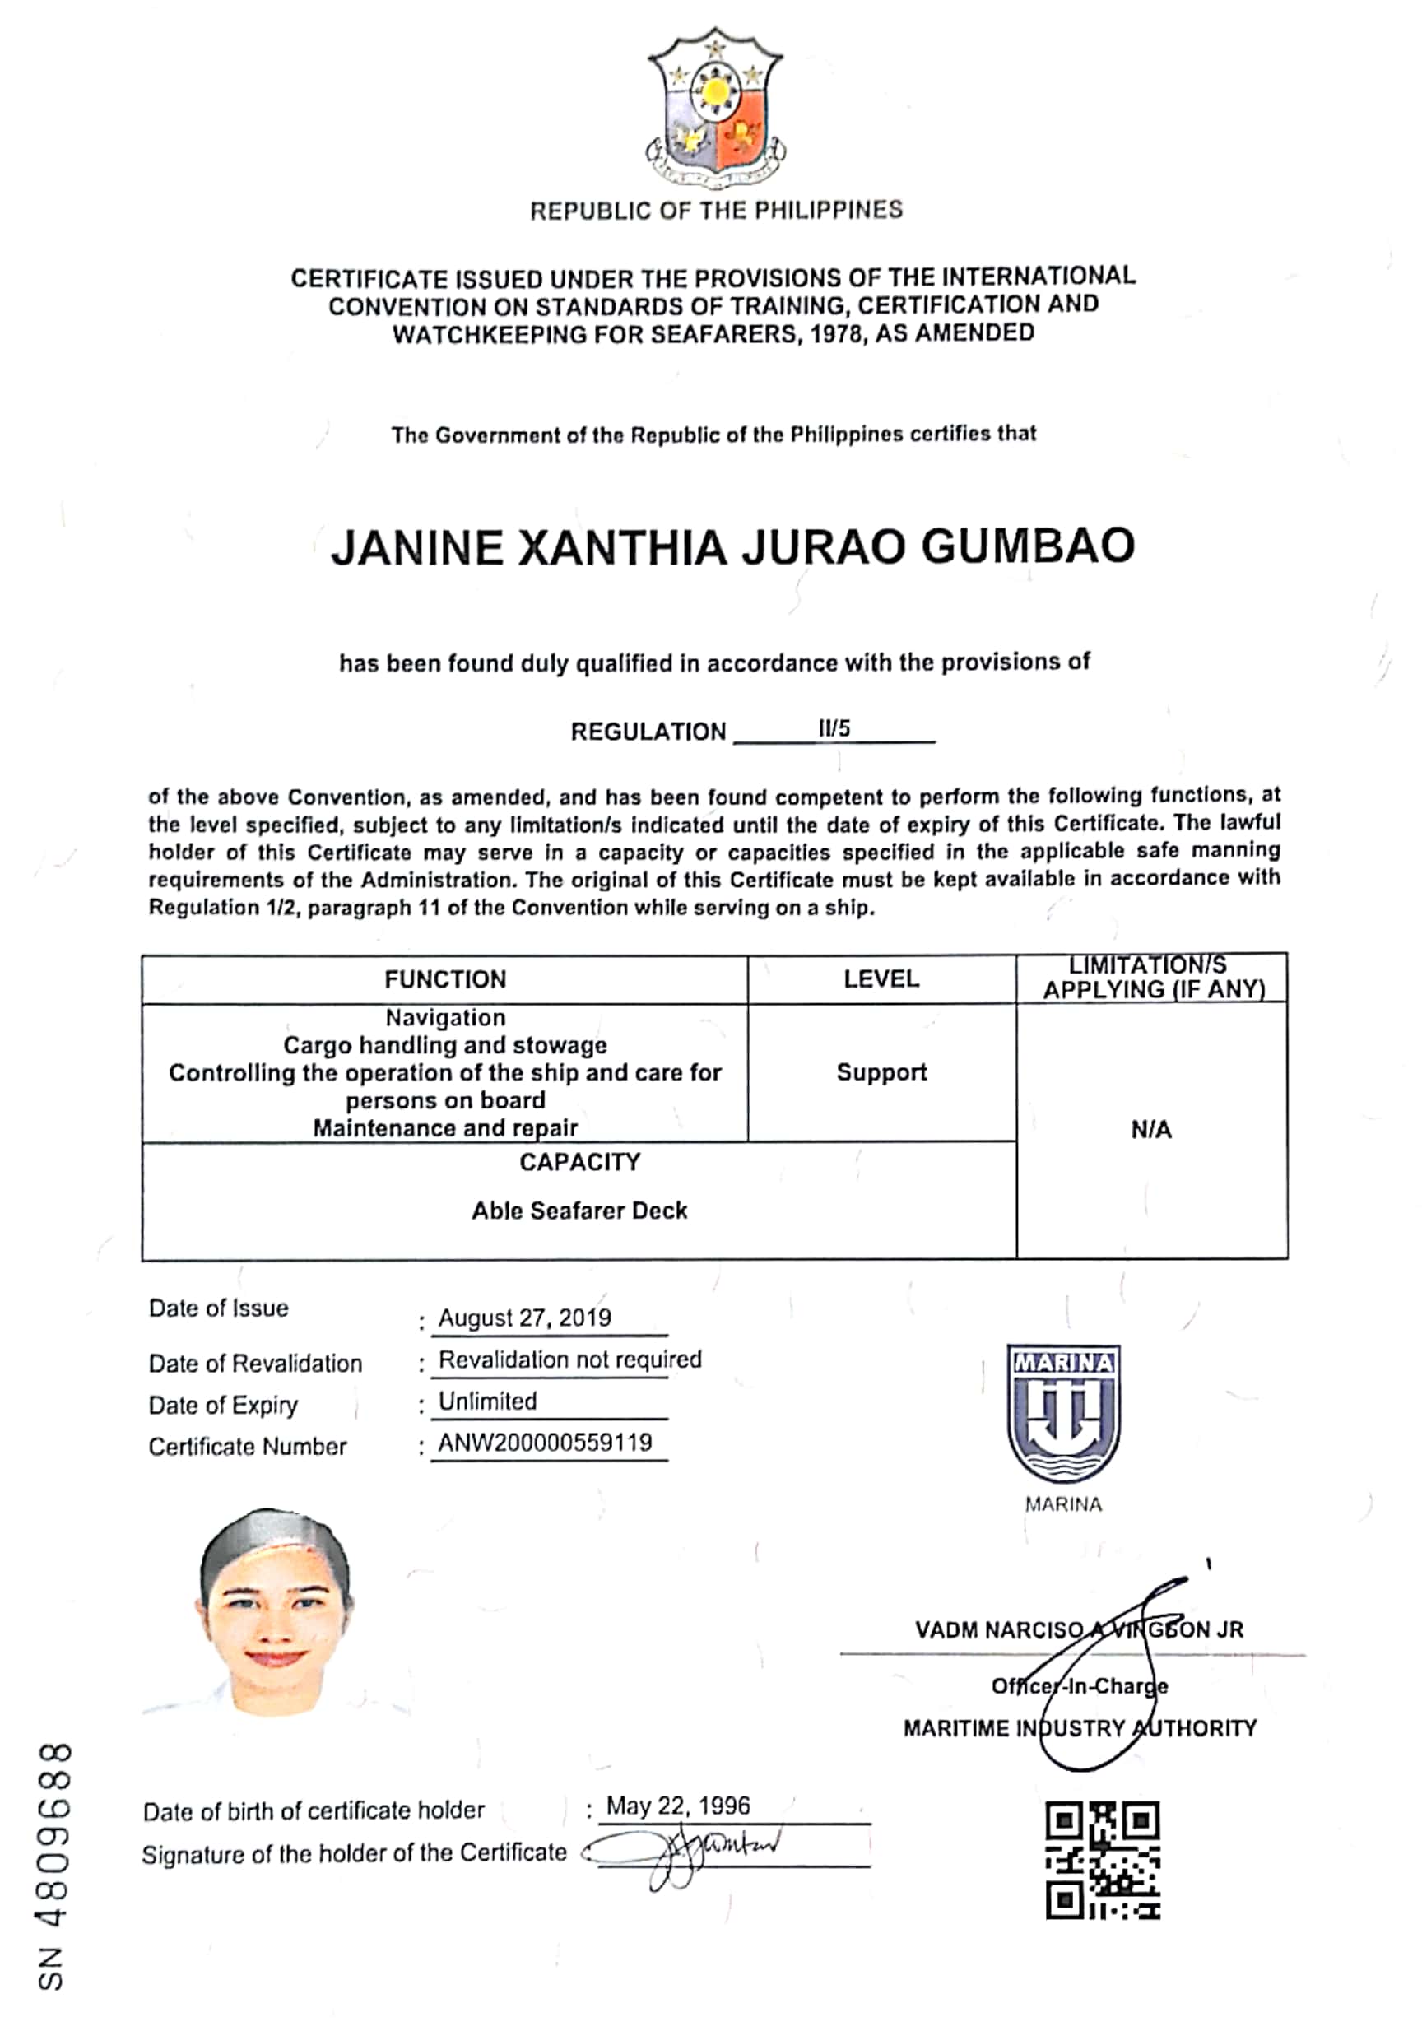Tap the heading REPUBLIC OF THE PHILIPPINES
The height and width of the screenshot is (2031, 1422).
point(715,211)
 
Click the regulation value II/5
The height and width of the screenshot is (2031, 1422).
point(834,728)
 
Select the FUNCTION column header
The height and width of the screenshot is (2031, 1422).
point(445,979)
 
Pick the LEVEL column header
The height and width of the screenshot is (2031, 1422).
point(881,978)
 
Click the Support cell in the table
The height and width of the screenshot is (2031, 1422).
point(881,1072)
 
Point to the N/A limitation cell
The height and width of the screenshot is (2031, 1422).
point(1150,1130)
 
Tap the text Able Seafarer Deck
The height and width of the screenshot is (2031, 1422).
point(579,1210)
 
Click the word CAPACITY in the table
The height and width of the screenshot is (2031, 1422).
point(579,1162)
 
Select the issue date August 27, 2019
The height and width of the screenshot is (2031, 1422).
point(524,1318)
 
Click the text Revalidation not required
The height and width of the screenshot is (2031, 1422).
point(569,1359)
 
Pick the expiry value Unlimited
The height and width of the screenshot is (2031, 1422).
point(487,1401)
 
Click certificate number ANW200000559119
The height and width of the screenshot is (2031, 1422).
point(545,1443)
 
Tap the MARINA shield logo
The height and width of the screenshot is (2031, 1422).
point(1063,1414)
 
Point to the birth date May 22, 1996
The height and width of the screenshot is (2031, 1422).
point(677,1806)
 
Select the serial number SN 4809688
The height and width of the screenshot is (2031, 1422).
point(55,1867)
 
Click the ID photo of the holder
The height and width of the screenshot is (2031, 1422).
point(276,1614)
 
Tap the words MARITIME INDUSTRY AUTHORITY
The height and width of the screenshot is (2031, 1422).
point(1079,1727)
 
